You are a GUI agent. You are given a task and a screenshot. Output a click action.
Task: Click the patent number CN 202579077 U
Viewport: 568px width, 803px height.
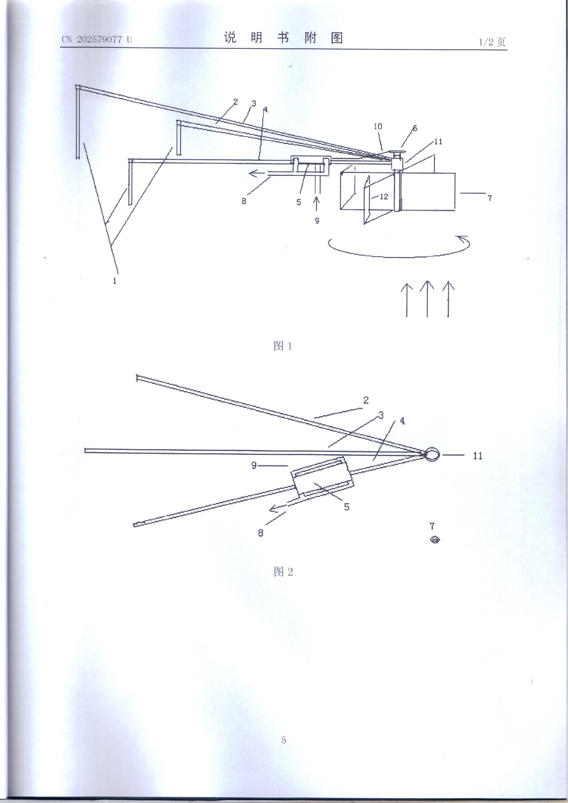coord(97,40)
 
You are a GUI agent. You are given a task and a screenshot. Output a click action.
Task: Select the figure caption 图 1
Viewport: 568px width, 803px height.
coord(283,346)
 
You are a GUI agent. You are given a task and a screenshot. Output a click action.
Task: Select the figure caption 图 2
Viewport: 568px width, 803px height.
coord(283,572)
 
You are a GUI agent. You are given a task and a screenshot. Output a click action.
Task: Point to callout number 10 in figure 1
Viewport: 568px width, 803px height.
coord(378,127)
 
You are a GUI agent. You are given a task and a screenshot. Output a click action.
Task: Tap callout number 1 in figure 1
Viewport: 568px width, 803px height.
coord(115,280)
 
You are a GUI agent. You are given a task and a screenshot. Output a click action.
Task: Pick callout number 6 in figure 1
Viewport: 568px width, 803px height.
coord(415,128)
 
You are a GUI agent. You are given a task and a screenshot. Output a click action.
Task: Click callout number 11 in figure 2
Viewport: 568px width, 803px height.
coord(478,456)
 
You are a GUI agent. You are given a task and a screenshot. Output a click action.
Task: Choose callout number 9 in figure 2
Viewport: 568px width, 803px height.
coord(254,465)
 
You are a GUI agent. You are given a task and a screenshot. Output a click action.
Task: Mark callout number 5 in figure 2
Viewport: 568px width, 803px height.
coord(347,507)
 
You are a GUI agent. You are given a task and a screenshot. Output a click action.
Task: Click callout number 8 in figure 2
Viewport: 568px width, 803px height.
coord(261,533)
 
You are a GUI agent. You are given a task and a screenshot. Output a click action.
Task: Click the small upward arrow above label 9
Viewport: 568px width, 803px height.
coord(317,204)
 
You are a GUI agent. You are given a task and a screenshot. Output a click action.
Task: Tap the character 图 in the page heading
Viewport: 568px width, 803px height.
coord(337,38)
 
